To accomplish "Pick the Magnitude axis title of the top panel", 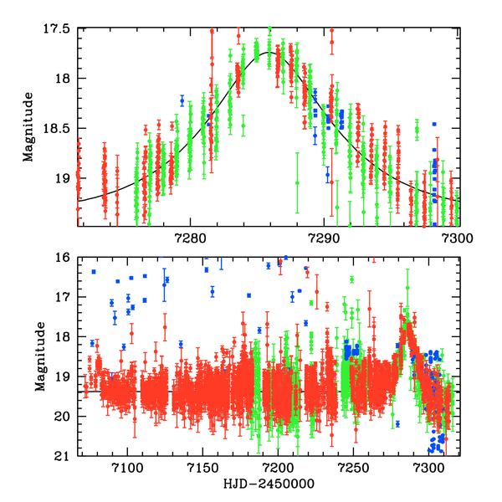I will tap(28, 127).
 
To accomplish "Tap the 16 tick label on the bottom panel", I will tap(63, 258).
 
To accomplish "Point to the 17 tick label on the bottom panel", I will tap(63, 297).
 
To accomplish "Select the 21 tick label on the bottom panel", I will tap(63, 456).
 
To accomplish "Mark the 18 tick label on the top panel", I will tap(63, 79).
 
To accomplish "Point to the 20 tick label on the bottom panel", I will tap(63, 417).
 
